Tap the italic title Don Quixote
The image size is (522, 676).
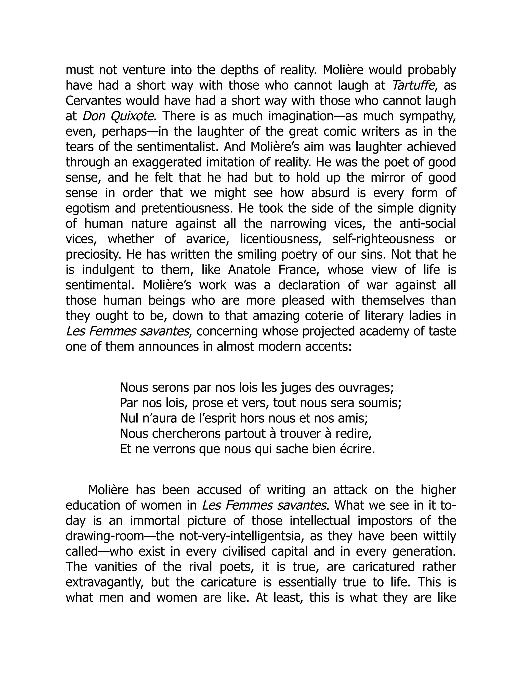coord(118,116)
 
